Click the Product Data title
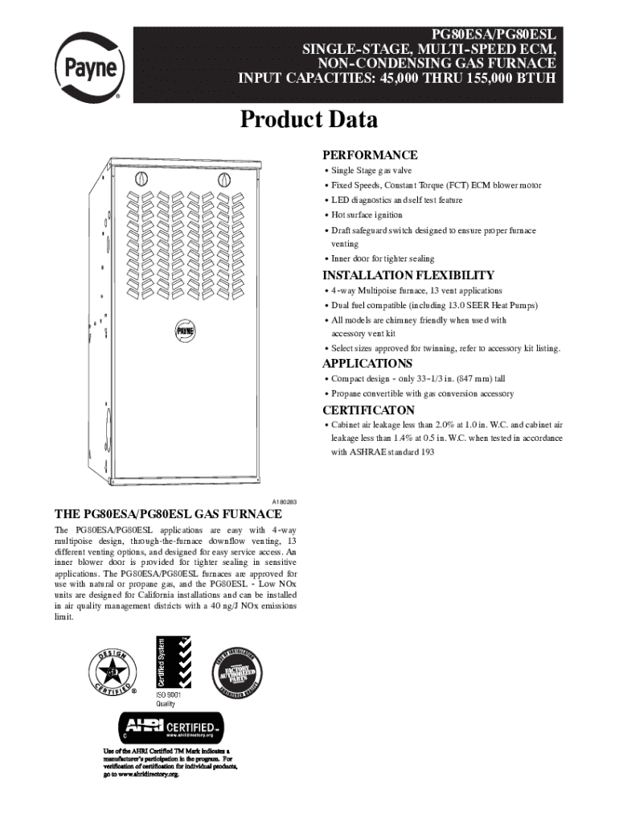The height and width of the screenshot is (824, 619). pos(309,121)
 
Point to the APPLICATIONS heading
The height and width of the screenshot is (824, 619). pos(367,364)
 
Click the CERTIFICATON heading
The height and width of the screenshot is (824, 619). pos(369,410)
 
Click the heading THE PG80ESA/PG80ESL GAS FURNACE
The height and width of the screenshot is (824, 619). pos(168,513)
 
